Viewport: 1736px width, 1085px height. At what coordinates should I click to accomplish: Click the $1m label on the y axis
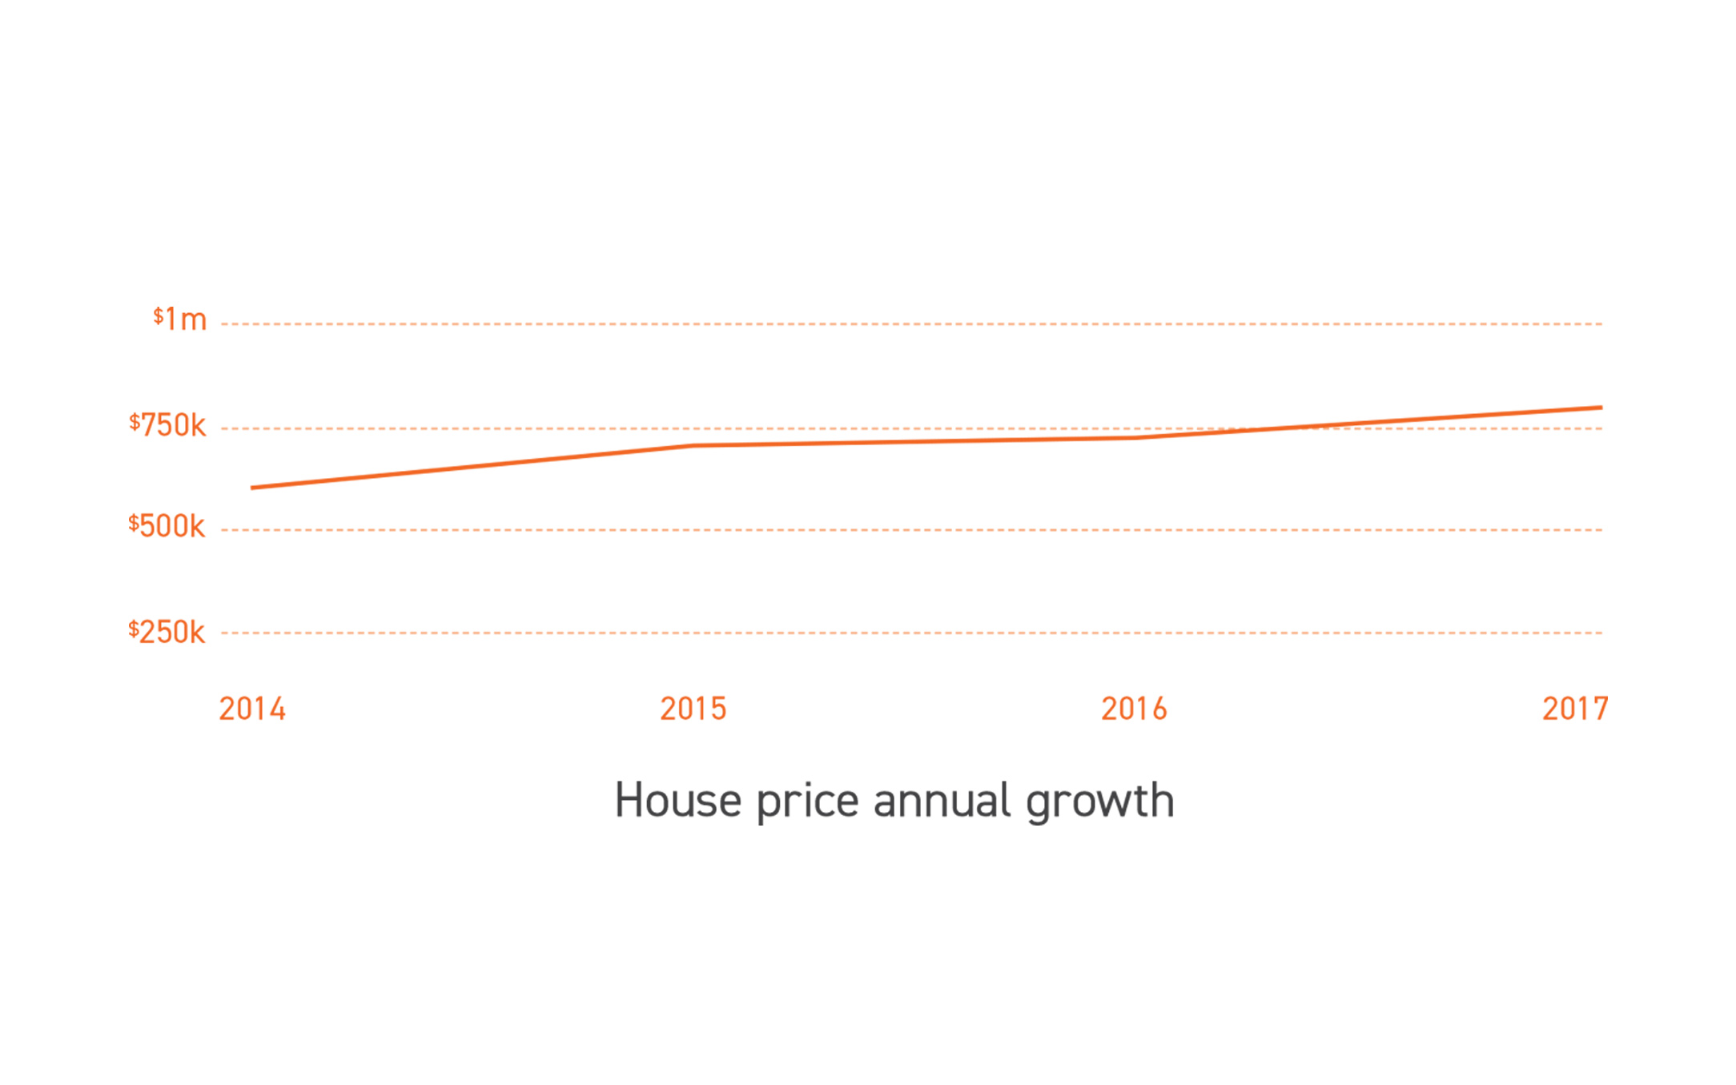point(180,319)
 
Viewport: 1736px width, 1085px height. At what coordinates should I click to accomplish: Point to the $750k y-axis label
point(168,424)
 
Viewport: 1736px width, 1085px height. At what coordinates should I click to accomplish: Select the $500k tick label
point(167,526)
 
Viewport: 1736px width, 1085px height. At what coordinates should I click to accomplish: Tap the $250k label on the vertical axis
point(167,632)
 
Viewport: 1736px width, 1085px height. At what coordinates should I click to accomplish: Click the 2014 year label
point(252,709)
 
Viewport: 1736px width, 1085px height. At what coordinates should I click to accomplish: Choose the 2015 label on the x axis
point(693,709)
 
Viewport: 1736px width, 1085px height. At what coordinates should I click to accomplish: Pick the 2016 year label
point(1134,709)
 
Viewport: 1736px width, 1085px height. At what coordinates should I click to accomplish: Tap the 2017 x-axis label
point(1575,709)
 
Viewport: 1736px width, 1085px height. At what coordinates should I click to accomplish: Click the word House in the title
point(678,800)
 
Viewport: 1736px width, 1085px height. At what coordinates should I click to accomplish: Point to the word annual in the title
point(942,800)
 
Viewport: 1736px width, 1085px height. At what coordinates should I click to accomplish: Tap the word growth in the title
point(1100,802)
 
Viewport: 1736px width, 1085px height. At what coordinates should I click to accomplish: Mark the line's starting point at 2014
point(252,488)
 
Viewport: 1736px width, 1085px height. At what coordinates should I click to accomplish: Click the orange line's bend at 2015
point(693,445)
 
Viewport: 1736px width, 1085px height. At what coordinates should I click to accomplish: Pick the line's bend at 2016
point(1135,437)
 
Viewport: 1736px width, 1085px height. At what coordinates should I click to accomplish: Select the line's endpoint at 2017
point(1601,408)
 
